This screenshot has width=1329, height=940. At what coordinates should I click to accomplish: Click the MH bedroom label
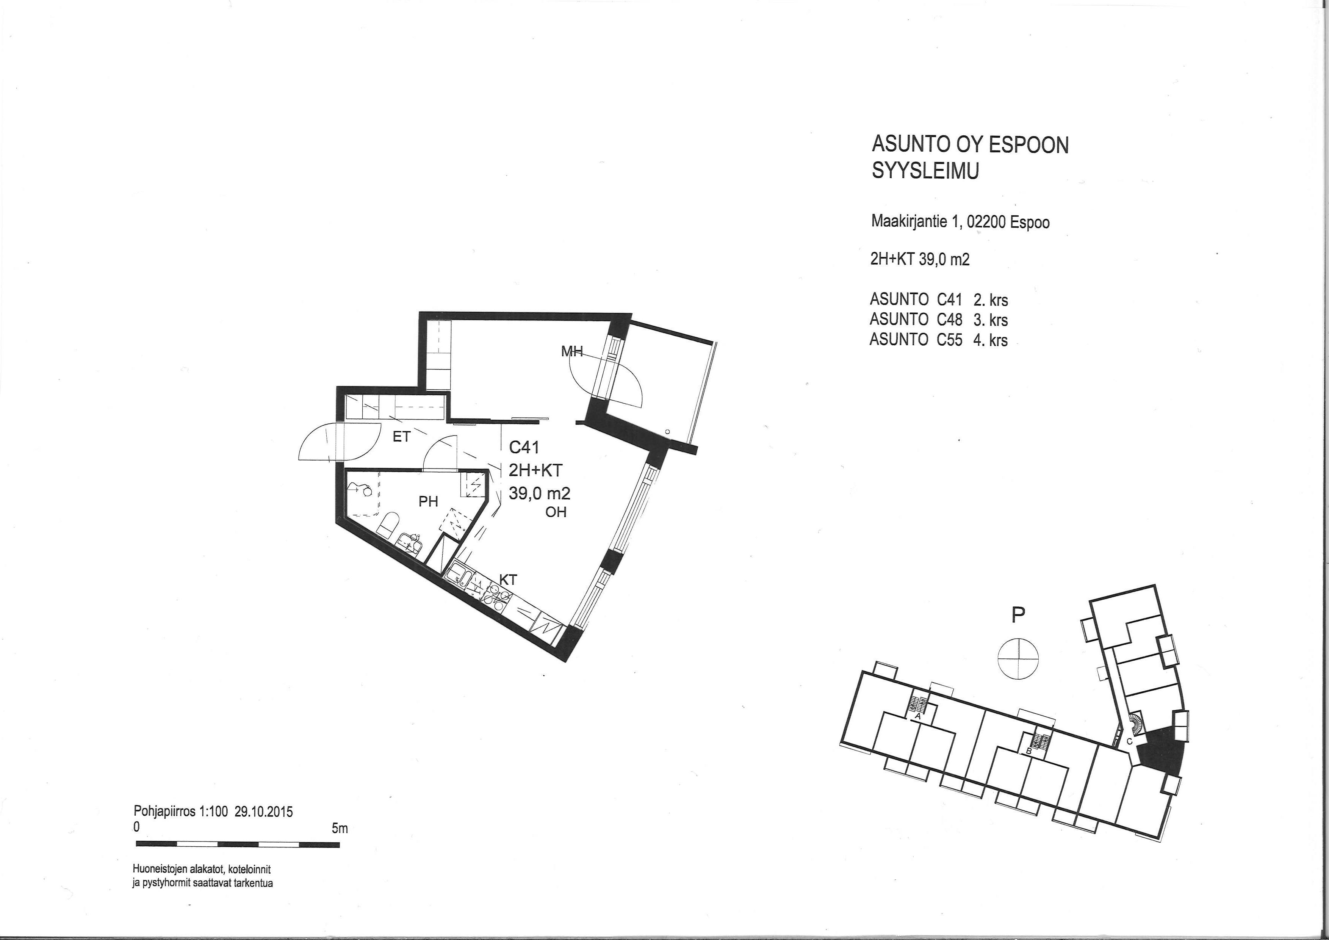coord(572,351)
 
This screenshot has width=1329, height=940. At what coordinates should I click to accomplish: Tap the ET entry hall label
coord(401,437)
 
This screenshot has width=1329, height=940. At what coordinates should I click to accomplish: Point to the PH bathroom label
coord(428,502)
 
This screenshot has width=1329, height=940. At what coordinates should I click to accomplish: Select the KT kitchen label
coord(508,580)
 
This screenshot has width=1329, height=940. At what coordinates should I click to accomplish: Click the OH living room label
coord(556,512)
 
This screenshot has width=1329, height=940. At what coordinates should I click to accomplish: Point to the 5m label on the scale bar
coord(340,828)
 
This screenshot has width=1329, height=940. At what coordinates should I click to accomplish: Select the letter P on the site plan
coord(1018,615)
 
